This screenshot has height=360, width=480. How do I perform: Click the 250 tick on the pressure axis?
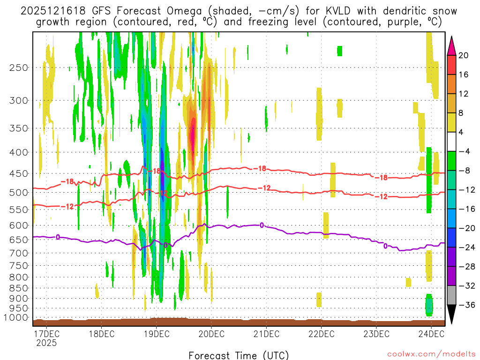tap(19, 67)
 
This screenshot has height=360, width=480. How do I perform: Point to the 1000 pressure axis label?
tap(16, 318)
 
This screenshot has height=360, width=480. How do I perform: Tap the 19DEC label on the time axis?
tap(156, 334)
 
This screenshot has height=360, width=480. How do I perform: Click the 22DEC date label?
tap(321, 334)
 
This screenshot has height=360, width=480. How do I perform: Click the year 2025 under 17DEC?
tap(46, 343)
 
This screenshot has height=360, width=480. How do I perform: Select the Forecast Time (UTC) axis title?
tap(239, 355)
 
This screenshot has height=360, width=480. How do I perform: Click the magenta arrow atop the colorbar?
tap(451, 45)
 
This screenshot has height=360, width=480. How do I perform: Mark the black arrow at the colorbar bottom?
tap(451, 314)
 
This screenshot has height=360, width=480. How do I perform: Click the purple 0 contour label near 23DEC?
tap(385, 246)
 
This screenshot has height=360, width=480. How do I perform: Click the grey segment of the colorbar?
tap(451, 295)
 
